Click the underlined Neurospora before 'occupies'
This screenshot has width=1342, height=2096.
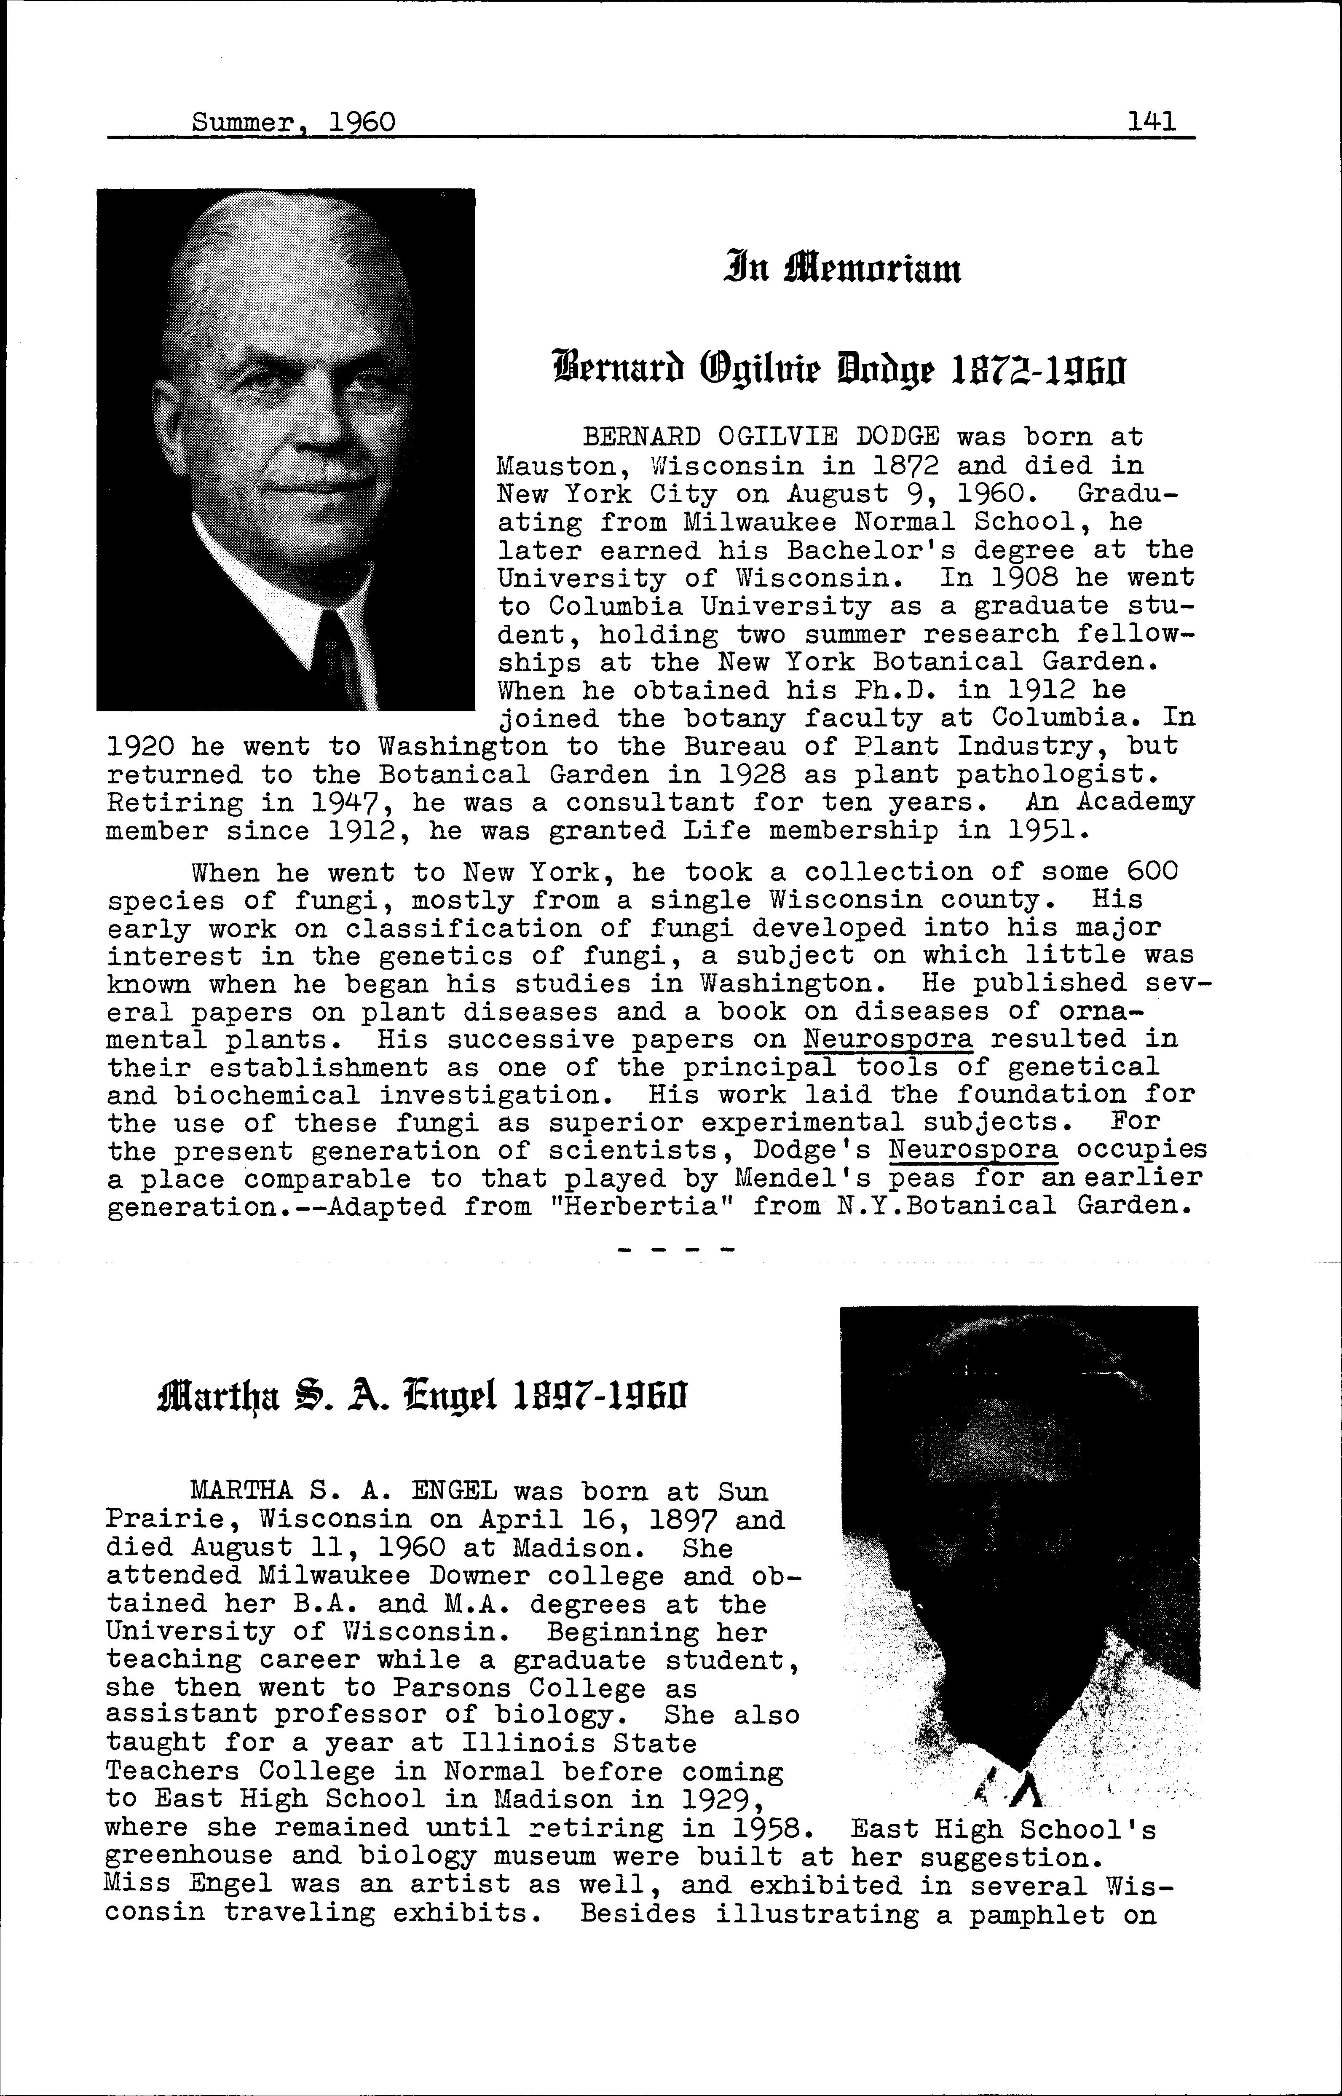973,1151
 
